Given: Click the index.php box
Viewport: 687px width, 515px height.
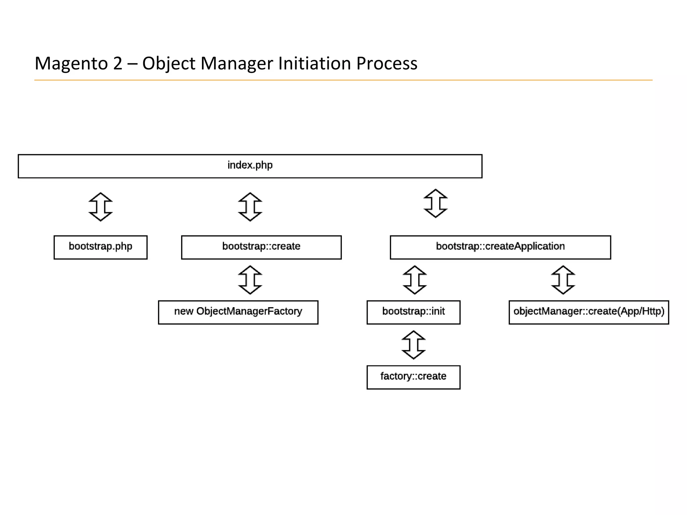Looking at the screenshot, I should (250, 166).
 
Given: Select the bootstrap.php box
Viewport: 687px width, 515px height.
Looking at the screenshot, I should (100, 247).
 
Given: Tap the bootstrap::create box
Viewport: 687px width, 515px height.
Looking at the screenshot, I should (261, 247).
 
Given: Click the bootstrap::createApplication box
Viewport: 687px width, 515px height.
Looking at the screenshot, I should (500, 247).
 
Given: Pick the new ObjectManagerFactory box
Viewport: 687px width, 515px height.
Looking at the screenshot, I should (238, 312).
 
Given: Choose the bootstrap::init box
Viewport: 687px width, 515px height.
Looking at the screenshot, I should (413, 312).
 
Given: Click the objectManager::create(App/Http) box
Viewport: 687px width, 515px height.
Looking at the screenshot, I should (589, 312).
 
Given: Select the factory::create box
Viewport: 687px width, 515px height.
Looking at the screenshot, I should (413, 377).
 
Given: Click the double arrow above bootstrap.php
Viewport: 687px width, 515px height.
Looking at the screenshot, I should (100, 207).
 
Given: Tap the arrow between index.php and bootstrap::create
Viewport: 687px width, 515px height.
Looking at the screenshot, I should (250, 207).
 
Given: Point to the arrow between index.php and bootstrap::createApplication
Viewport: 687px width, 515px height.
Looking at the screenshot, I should (435, 203).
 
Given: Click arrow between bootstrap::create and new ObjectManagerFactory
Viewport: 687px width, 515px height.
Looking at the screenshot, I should (250, 280).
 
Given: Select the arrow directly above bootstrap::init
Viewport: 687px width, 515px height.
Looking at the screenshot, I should (415, 280).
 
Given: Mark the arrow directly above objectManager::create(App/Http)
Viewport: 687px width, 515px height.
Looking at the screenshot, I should (563, 280).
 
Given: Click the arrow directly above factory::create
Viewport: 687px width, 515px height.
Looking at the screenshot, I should (413, 345).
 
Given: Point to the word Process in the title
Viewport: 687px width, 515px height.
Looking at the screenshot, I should (387, 63).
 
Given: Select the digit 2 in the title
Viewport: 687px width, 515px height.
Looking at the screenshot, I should (117, 63).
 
